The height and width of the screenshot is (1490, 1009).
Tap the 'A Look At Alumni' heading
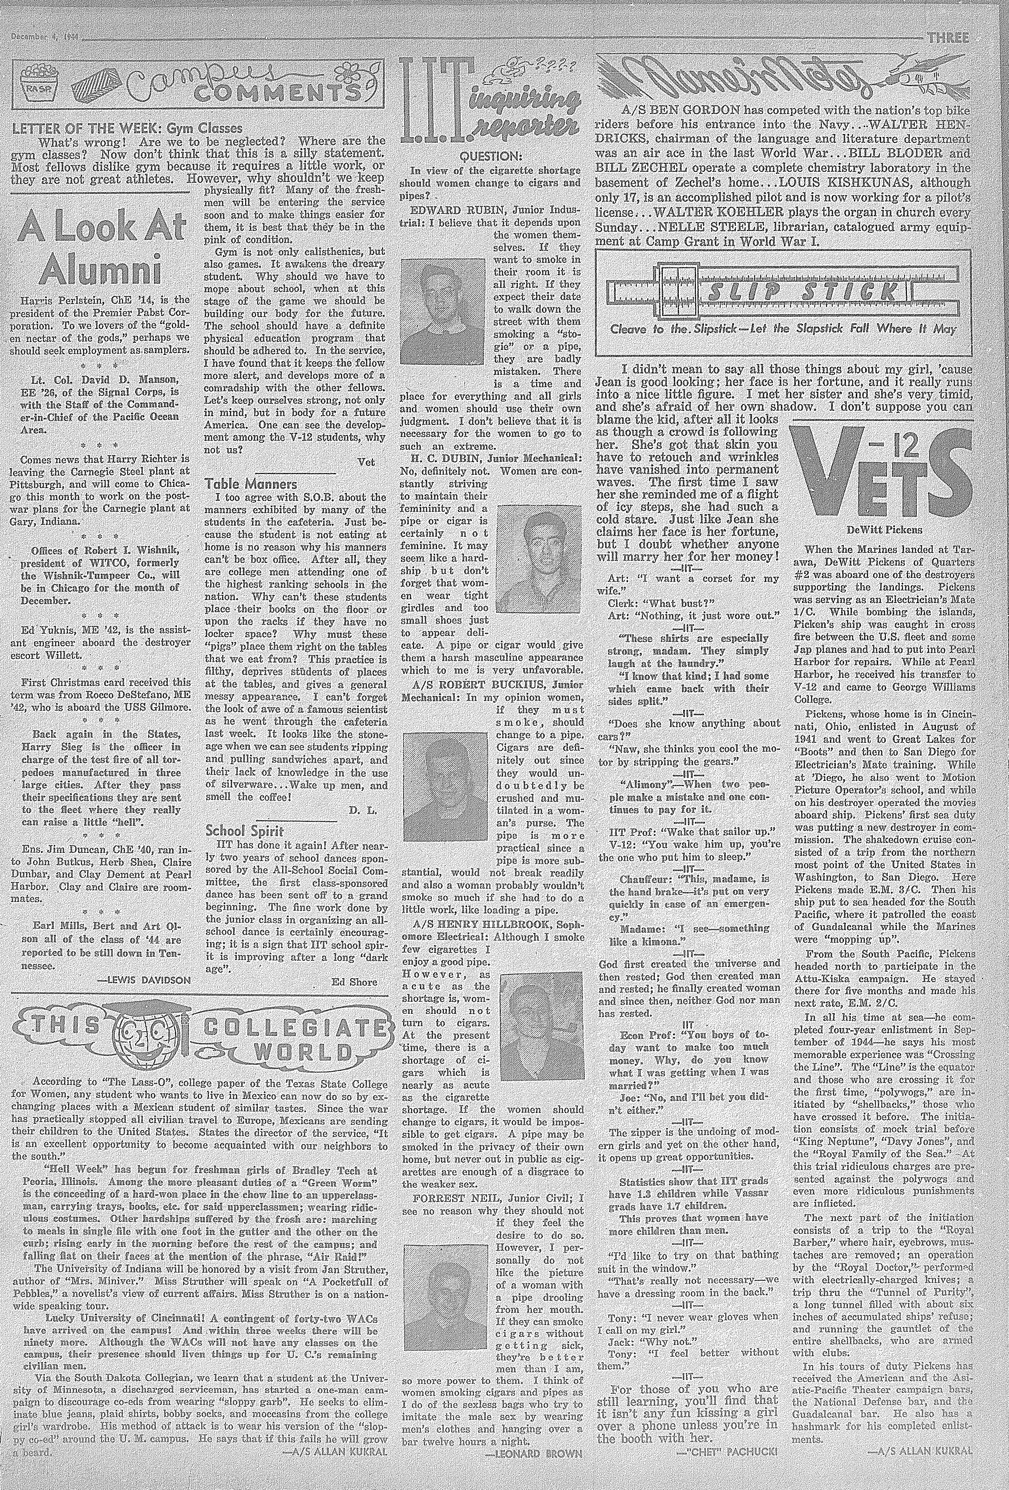coord(101,247)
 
